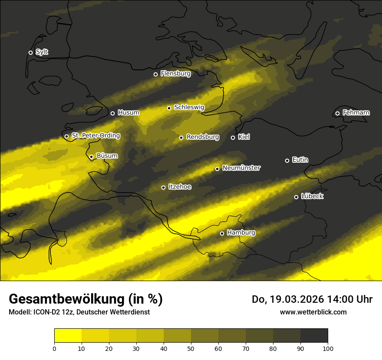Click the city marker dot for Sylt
(30, 52)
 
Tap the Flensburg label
(175, 74)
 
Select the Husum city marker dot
(112, 113)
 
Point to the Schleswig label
(189, 107)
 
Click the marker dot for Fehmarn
(337, 113)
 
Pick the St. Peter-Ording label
(95, 136)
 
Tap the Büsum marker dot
(91, 157)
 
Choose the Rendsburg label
(203, 137)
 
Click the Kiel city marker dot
(233, 137)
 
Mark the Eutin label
(300, 160)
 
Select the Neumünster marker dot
(217, 169)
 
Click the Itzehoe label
(180, 187)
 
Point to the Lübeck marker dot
(296, 197)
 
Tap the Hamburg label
(241, 233)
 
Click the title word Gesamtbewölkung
(68, 299)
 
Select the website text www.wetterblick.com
(313, 312)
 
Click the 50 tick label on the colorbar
(191, 348)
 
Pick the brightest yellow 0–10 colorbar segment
(68, 335)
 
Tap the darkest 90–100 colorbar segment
(314, 335)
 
